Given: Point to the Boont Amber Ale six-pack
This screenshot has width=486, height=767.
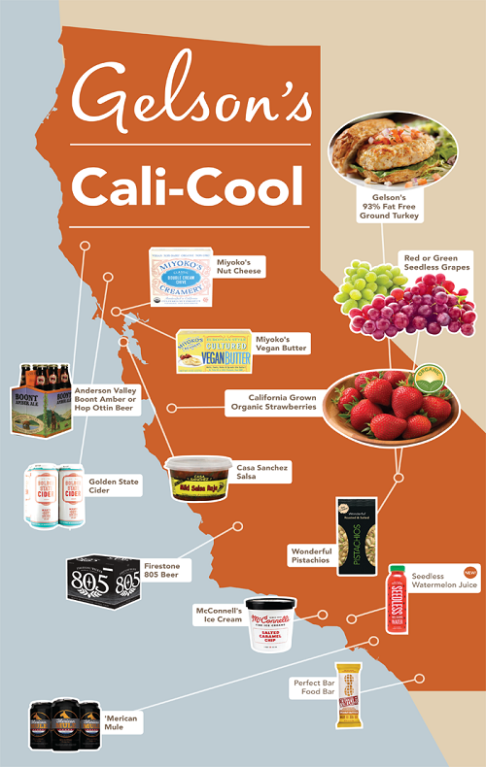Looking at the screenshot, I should [x=41, y=399].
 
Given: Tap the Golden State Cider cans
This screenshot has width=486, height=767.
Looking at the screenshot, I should [x=53, y=495].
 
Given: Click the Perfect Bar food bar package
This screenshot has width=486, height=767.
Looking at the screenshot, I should [x=349, y=694].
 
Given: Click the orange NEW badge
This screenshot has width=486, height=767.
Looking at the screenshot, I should [x=471, y=572].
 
